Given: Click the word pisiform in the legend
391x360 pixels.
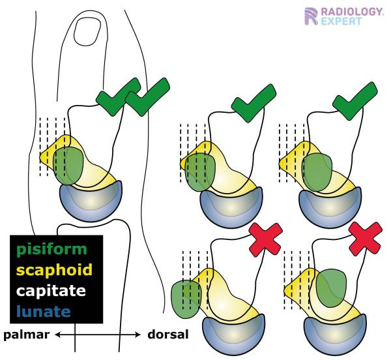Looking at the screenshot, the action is [x=52, y=250].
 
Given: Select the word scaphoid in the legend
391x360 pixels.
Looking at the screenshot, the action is [x=54, y=270].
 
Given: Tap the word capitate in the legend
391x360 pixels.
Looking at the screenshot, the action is [x=51, y=291].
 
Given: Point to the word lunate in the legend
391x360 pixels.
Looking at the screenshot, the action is [x=44, y=311].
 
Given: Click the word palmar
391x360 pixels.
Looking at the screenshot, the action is [x=26, y=335].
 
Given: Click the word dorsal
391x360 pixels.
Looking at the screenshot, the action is [x=168, y=335].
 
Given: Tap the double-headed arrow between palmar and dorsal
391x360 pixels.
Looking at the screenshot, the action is [x=98, y=335].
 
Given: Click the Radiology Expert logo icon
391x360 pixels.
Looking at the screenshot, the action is [x=311, y=16].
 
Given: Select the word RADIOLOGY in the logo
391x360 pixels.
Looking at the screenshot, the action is [x=352, y=12].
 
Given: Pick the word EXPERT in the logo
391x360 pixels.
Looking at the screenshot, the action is [x=341, y=22].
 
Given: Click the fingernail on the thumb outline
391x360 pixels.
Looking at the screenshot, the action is [x=87, y=31].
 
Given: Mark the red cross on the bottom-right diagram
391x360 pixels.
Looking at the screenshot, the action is [x=366, y=239].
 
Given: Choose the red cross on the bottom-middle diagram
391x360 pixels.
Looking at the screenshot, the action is [x=266, y=239].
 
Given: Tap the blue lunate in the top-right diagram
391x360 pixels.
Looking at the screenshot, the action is [x=330, y=208].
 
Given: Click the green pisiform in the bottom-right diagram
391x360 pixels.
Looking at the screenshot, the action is [x=332, y=288].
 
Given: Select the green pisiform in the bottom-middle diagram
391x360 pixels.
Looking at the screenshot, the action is [x=186, y=299].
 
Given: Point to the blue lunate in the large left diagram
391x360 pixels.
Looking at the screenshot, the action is [x=91, y=201].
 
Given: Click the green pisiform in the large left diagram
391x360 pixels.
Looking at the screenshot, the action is [x=68, y=166].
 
